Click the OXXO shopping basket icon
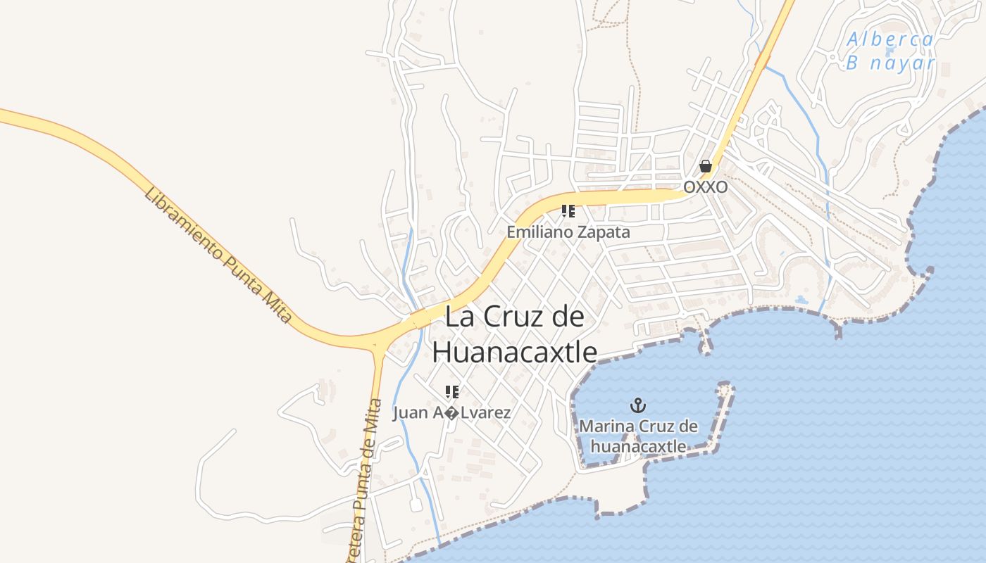705,167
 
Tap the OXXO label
705,187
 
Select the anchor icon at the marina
638,405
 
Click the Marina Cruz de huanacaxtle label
638,436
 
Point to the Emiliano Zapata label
568,232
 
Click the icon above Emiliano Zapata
568,210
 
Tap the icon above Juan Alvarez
452,391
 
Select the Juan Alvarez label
452,412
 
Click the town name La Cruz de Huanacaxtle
515,334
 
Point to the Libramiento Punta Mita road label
218,255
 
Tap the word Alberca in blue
890,39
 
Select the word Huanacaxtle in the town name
515,352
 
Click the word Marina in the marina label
606,426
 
